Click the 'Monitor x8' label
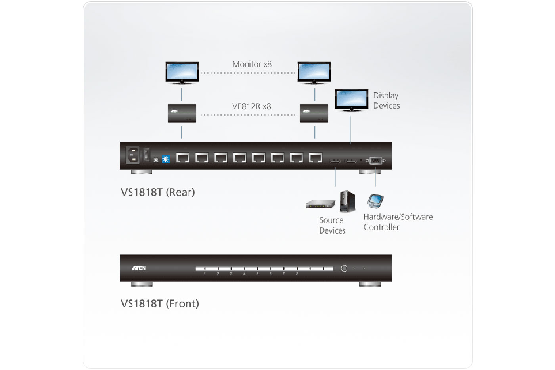pyautogui.click(x=252, y=64)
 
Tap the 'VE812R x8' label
pyautogui.click(x=251, y=106)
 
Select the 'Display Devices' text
pyautogui.click(x=386, y=100)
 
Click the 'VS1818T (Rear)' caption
pyautogui.click(x=158, y=192)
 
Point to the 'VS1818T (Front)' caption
pyautogui.click(x=160, y=304)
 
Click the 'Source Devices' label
pyautogui.click(x=332, y=225)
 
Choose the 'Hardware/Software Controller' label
pyautogui.click(x=398, y=222)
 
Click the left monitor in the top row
pyautogui.click(x=182, y=73)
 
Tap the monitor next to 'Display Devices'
pyautogui.click(x=351, y=100)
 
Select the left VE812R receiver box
pyautogui.click(x=182, y=113)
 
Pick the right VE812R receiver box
pyautogui.click(x=314, y=113)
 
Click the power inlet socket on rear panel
pyautogui.click(x=132, y=155)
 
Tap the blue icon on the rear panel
pyautogui.click(x=166, y=159)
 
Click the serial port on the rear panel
pyautogui.click(x=375, y=160)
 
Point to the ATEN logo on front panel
pyautogui.click(x=139, y=268)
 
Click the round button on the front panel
pyautogui.click(x=344, y=268)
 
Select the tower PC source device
pyautogui.click(x=347, y=201)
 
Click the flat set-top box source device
pyautogui.click(x=320, y=205)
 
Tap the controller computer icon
pyautogui.click(x=375, y=201)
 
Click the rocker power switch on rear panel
pyautogui.click(x=146, y=154)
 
